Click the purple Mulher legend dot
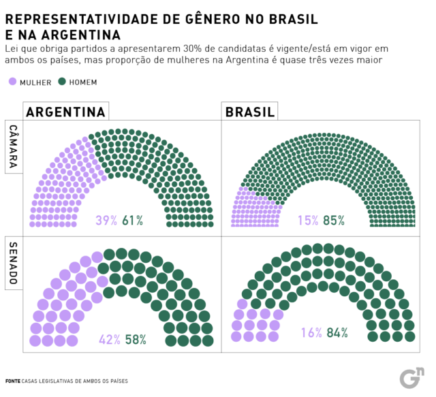pos(12,82)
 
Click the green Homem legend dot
pos(62,82)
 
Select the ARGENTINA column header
pos(65,112)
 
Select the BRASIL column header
pos(250,112)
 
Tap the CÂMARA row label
pos(14,146)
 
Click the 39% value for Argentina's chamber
pos(106,221)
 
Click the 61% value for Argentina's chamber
pos(132,221)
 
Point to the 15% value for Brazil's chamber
pos(308,221)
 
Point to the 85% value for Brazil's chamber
pos(334,221)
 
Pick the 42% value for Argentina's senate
pos(109,339)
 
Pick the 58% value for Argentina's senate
pos(135,339)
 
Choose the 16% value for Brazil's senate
pos(311,333)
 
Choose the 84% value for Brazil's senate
pos(337,333)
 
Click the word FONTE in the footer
pos(12,381)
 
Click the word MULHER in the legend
pos(35,82)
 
